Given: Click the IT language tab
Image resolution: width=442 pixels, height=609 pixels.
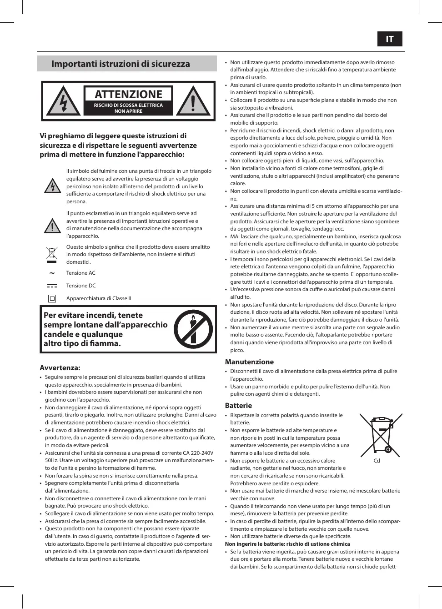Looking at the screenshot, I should (390, 39).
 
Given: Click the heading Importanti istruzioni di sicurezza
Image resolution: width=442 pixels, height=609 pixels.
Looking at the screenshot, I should (121, 64).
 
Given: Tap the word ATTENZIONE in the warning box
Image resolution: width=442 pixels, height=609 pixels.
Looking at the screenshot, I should (128, 94).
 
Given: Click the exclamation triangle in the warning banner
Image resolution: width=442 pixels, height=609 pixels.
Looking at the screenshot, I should (193, 101).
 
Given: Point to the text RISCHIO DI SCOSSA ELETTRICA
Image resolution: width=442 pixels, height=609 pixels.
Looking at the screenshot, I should (128, 105).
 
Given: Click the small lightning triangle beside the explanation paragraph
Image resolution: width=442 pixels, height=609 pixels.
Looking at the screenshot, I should (53, 186).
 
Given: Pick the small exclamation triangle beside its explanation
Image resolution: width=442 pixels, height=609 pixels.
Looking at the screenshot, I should (53, 226).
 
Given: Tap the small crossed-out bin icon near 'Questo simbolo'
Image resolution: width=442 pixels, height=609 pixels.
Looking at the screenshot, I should (52, 254).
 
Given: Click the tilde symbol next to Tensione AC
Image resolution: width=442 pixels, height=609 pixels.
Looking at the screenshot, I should (52, 273).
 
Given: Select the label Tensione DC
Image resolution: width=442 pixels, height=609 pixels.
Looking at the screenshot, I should (81, 286).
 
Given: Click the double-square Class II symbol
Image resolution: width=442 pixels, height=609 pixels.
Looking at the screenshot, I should (52, 299).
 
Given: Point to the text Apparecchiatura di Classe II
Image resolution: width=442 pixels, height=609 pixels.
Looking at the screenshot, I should (99, 298).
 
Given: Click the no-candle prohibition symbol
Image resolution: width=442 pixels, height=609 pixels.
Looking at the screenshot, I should (193, 329).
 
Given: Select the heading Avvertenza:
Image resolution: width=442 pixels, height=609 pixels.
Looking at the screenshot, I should (60, 368).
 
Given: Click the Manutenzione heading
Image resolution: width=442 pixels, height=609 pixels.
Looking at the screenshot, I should (249, 362).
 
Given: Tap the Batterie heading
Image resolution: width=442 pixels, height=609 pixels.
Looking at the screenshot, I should (238, 406).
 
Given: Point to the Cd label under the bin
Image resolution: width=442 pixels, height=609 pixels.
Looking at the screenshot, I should (377, 461).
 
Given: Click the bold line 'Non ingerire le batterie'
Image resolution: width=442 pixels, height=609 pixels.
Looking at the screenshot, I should (287, 544).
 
